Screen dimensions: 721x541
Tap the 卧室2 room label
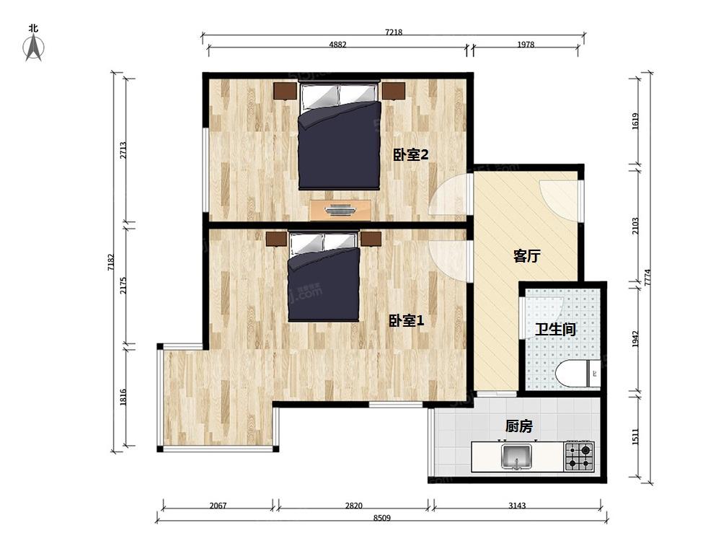coord(411,155)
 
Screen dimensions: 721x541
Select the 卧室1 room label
coord(407,321)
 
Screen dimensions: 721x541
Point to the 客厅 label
coord(526,256)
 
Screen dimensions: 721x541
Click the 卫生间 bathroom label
coord(555,330)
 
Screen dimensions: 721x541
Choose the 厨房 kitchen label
coord(518,426)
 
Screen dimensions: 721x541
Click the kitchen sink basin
coord(517,456)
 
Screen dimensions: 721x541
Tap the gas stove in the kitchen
coord(580,456)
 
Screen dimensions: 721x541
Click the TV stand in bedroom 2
coord(340,210)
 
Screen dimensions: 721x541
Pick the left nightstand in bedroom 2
coord(285,91)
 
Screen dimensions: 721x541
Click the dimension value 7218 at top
coord(394,32)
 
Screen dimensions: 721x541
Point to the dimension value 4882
coord(337,45)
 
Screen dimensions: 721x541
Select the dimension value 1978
coord(526,45)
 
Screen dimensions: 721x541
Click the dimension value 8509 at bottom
coord(381,517)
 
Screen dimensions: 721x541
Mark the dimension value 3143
coord(517,506)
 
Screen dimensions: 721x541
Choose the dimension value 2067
coord(218,506)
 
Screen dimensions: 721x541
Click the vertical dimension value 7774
coord(647,278)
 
